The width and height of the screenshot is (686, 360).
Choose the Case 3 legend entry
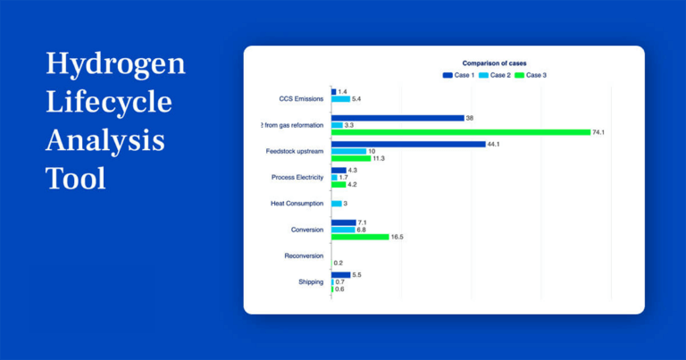click(x=531, y=75)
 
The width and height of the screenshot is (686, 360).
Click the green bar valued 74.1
click(x=460, y=132)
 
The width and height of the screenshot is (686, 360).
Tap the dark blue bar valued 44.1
click(x=408, y=144)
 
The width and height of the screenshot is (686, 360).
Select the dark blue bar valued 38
click(x=397, y=118)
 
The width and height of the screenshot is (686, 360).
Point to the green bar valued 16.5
click(x=360, y=237)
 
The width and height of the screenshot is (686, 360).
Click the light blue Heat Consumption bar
click(x=336, y=204)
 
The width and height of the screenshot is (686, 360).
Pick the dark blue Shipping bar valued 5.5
click(x=340, y=274)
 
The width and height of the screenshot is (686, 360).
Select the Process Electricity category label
click(x=297, y=178)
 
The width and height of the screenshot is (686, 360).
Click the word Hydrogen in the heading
click(x=115, y=64)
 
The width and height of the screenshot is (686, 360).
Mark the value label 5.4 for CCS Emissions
click(x=356, y=99)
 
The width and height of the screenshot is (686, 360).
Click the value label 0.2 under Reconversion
click(x=339, y=263)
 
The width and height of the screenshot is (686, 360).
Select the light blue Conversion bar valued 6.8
click(x=342, y=230)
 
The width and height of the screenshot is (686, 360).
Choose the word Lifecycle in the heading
click(x=108, y=102)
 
